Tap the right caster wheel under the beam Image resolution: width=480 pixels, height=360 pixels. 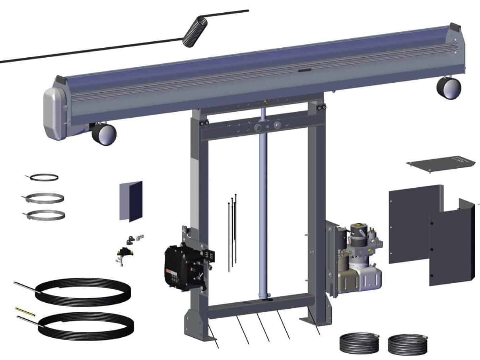click(449, 88)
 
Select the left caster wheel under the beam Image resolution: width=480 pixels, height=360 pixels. click(104, 134)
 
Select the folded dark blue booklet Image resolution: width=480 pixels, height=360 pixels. click(131, 200)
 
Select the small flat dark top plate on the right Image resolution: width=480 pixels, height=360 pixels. click(441, 163)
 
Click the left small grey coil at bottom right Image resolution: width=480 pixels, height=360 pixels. click(359, 342)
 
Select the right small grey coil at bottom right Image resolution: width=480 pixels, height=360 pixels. click(407, 343)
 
